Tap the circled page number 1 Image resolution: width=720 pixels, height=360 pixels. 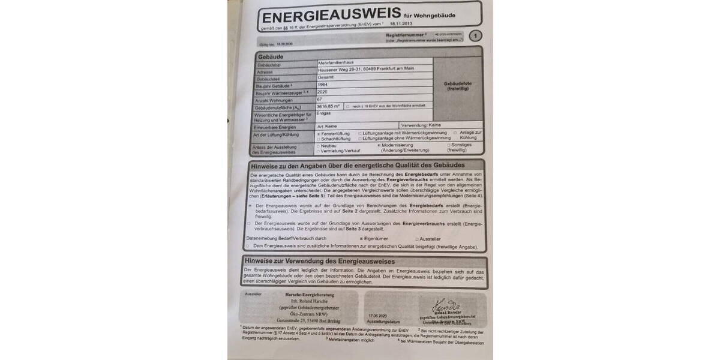tap(476, 37)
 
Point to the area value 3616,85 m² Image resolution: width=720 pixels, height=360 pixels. tap(329, 107)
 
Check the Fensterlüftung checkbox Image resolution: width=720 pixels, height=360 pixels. tap(318, 133)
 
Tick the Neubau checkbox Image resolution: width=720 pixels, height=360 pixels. tap(318, 146)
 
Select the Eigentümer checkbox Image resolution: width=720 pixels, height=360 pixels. tap(361, 238)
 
